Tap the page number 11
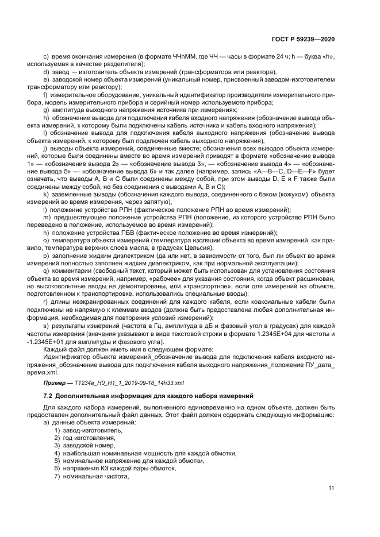coord(332,489)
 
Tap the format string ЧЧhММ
coord(183,56)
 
